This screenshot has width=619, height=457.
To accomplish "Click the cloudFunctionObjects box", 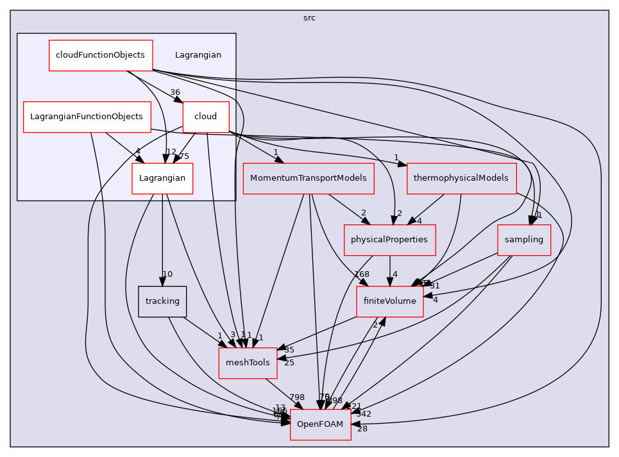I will click(x=101, y=55).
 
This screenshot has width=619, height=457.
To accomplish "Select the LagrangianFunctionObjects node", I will click(x=87, y=117).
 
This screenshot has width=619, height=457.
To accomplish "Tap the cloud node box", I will click(x=205, y=117).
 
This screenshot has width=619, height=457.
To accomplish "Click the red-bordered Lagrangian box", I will click(x=162, y=178).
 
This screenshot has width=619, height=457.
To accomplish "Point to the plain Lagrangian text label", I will click(x=198, y=55).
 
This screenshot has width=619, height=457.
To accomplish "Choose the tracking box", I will click(x=162, y=301).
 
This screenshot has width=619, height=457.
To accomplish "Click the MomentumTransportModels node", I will click(x=309, y=178).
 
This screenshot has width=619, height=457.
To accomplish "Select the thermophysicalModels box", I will click(x=461, y=178).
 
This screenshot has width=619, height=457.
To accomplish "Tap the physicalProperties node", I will click(x=389, y=240).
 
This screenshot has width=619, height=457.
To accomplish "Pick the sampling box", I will click(x=523, y=240).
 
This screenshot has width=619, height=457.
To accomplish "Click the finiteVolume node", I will click(x=389, y=301).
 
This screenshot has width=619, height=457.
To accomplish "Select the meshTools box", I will click(x=248, y=363).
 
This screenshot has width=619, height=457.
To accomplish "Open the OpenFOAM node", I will click(x=320, y=424).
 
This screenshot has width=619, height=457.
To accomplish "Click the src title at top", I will click(x=309, y=18).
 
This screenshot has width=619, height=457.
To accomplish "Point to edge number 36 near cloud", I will click(x=175, y=92).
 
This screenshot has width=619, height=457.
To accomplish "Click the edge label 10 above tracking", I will click(x=167, y=274).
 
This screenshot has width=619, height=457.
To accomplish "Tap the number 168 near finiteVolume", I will click(x=361, y=274).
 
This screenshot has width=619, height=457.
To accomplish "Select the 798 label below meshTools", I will click(x=296, y=397).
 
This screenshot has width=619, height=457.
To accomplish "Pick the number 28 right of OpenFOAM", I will click(x=362, y=428).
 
